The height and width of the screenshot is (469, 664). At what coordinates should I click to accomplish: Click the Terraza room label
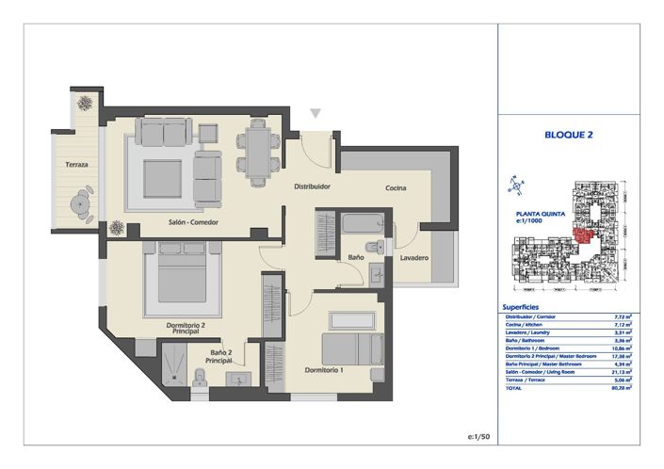(77, 165)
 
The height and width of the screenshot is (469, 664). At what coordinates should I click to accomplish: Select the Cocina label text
(396, 188)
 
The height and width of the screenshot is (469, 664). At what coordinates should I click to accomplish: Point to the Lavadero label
(414, 257)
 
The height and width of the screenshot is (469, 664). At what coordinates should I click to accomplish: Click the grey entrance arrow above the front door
(316, 114)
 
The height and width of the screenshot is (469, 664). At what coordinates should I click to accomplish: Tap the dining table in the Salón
(257, 150)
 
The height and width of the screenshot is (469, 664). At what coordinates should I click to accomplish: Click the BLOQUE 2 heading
(568, 135)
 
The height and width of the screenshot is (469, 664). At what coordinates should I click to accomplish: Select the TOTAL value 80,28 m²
(622, 386)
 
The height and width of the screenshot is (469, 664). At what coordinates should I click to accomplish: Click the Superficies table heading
(521, 307)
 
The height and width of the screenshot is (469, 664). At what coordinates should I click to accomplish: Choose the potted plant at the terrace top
(85, 102)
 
